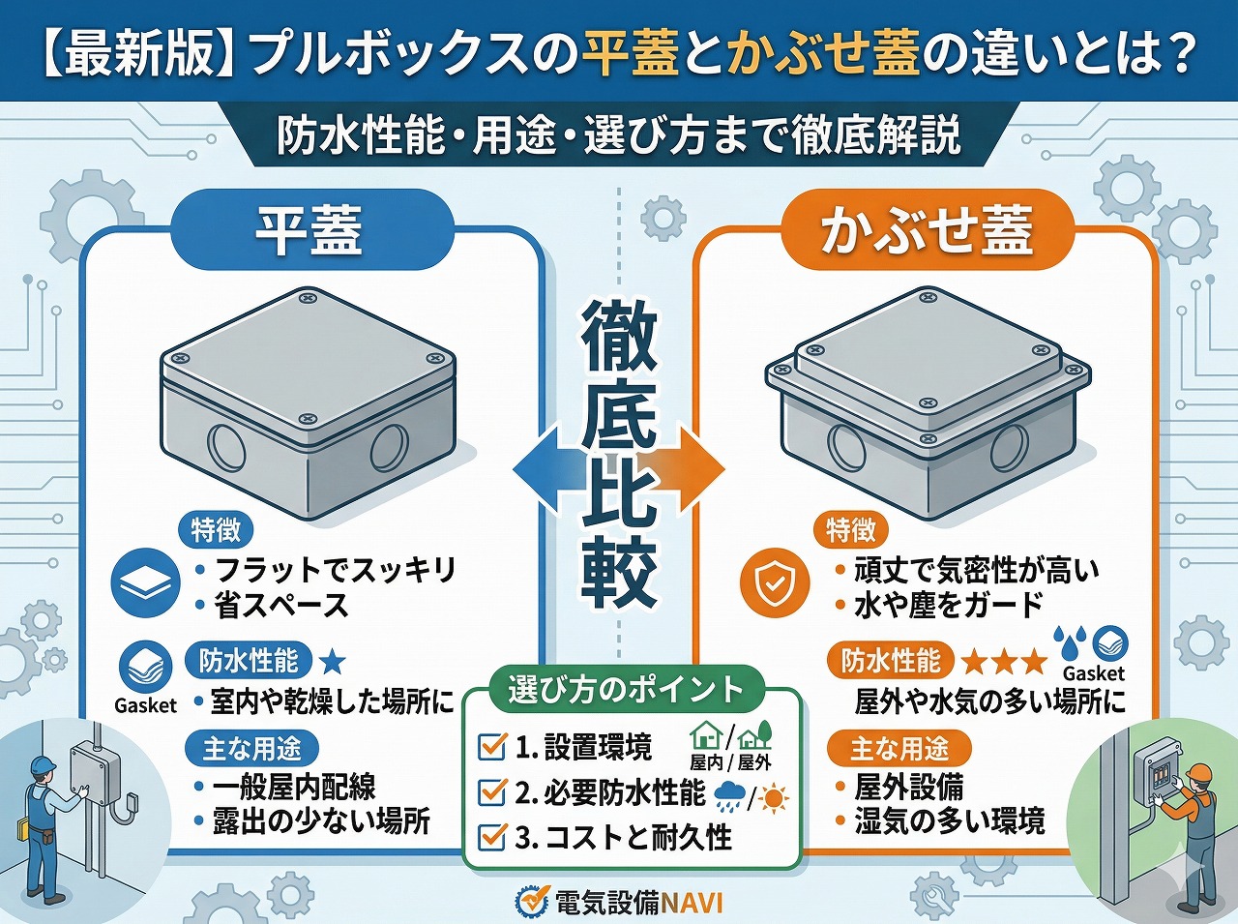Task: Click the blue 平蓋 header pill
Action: click(310, 230)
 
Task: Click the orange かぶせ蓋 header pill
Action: click(927, 230)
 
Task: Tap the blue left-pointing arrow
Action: click(542, 470)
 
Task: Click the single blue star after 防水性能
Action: click(332, 662)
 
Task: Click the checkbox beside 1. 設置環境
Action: click(493, 746)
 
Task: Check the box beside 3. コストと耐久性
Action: click(493, 836)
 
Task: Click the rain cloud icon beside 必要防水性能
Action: click(729, 797)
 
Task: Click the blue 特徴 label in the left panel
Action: click(215, 530)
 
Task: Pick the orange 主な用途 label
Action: click(899, 748)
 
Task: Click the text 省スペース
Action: click(280, 607)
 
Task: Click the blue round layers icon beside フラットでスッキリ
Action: click(146, 583)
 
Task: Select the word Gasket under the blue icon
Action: click(145, 705)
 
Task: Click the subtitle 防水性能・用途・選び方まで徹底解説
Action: click(619, 135)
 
